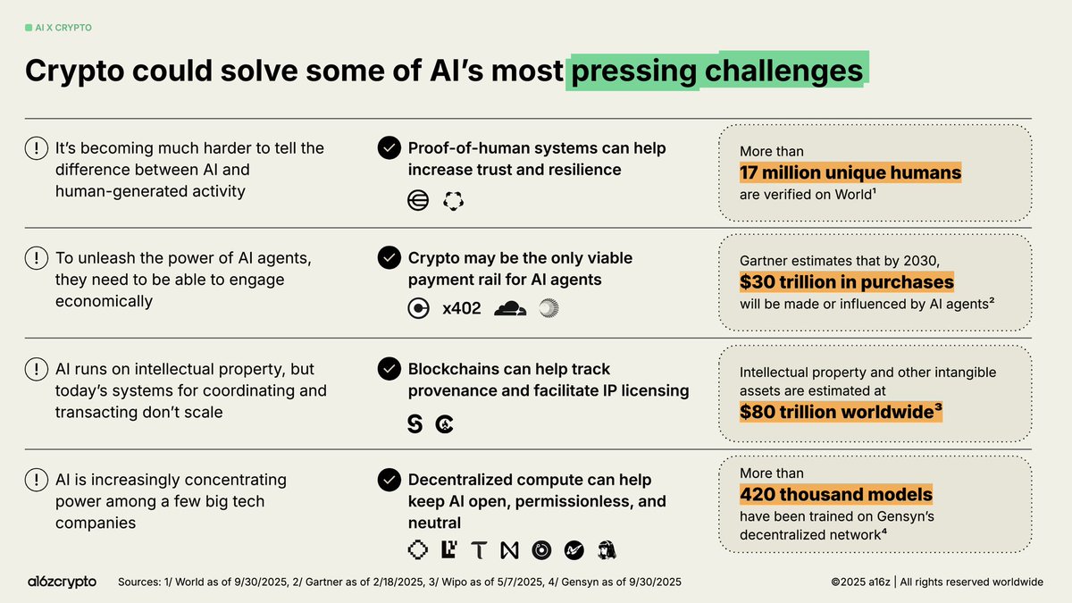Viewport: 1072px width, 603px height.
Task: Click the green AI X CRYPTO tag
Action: (58, 28)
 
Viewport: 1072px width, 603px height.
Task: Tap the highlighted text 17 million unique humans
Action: (850, 172)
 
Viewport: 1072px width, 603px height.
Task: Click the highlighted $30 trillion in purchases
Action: (846, 282)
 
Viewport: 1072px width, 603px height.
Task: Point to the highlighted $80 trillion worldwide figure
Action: (841, 412)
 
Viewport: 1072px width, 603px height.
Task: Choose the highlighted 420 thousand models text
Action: (835, 494)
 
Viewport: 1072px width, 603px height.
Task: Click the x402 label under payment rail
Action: (462, 309)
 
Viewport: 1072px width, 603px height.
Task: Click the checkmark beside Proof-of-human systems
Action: (389, 148)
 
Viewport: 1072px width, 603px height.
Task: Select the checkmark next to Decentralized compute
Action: (389, 481)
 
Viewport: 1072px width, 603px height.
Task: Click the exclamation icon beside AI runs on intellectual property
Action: (37, 369)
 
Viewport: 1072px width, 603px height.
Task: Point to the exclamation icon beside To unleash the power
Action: (37, 258)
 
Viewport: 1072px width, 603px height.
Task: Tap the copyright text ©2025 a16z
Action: (862, 582)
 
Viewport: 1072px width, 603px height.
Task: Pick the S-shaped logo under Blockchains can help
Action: (415, 424)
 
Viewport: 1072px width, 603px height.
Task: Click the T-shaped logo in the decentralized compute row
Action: (480, 551)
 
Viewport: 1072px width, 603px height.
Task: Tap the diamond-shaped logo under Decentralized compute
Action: (416, 550)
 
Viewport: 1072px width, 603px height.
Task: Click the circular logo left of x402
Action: (417, 309)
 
